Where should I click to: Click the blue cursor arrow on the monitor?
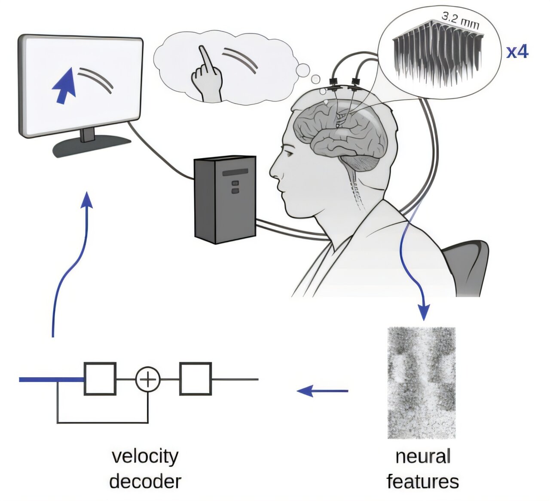(64, 88)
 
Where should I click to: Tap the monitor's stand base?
(91, 148)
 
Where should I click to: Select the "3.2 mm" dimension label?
(460, 21)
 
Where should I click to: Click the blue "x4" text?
(517, 52)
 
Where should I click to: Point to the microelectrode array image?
(436, 58)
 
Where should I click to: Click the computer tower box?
(225, 199)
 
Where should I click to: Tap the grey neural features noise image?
(421, 383)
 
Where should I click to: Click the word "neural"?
(423, 456)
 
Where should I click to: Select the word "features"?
(422, 481)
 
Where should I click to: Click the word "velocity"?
(145, 456)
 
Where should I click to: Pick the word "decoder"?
(145, 481)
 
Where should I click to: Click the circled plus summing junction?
(148, 380)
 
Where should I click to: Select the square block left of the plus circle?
(100, 379)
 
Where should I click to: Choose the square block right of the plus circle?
(195, 379)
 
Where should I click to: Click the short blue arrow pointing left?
(322, 391)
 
